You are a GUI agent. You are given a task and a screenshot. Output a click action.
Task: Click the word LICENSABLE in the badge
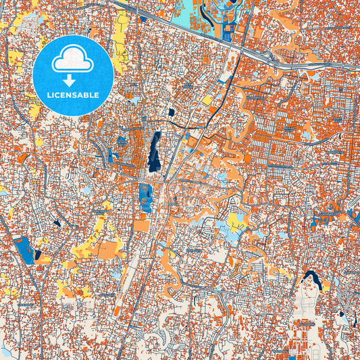[x=73, y=96]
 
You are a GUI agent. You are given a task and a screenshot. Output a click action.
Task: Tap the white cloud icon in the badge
[x=73, y=60]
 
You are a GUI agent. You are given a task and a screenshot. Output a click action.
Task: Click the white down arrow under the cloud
[x=73, y=80]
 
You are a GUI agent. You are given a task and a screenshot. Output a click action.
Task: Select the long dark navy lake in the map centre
[x=155, y=151]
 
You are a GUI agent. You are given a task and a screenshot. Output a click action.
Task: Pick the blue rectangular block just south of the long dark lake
[x=145, y=197]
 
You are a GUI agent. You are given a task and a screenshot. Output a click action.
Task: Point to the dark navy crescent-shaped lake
[x=312, y=277]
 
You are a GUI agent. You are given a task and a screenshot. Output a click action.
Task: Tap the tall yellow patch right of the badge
[x=122, y=41]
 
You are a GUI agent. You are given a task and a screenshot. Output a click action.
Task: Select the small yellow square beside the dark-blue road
[x=207, y=100]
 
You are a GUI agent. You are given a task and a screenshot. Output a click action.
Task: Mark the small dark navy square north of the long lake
[x=172, y=112]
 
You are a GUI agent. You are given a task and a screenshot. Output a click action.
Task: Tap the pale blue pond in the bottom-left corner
[x=5, y=352]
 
